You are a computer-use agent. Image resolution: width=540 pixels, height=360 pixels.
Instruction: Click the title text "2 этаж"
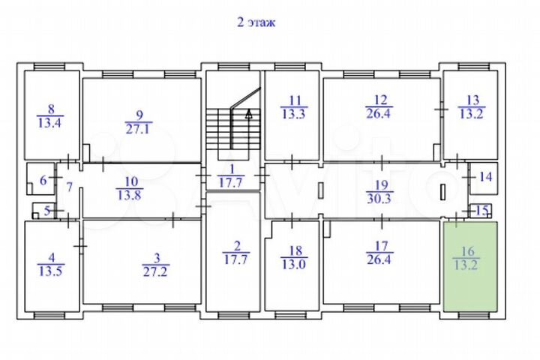pos(256,22)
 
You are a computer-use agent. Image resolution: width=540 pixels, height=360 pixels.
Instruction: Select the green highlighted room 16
pos(471,266)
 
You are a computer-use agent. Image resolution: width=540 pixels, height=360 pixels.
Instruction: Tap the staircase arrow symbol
pos(247,115)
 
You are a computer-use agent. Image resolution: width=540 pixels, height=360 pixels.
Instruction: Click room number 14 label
pos(486,177)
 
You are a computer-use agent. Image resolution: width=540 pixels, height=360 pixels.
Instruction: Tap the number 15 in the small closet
pos(482,211)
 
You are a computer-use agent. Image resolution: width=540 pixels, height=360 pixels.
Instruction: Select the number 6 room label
pos(43,180)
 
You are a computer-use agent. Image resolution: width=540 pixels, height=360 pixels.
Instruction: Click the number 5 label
pos(46,211)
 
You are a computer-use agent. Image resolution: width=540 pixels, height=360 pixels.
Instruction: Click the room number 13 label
pos(472,99)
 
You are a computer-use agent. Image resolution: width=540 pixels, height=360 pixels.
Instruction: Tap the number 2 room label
pos(235,244)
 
